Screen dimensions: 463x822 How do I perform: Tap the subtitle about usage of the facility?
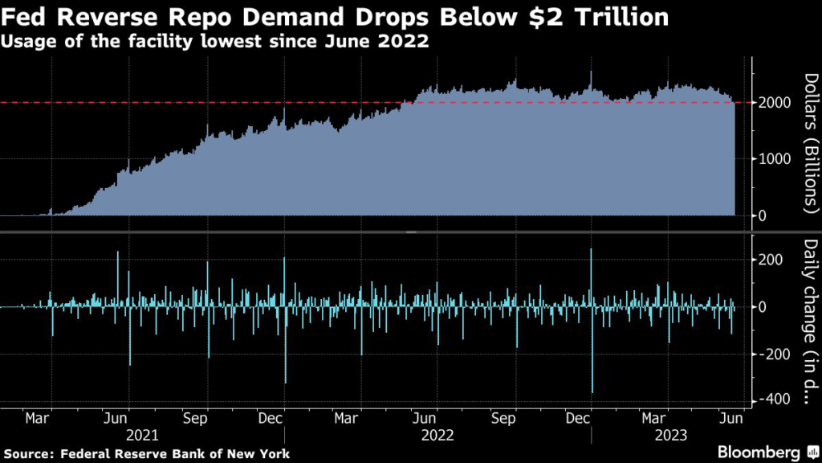(x=214, y=42)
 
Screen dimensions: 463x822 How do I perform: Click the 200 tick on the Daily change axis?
(x=768, y=260)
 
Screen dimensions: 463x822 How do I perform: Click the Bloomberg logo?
(x=759, y=452)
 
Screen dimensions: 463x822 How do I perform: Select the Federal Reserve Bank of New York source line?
(x=145, y=454)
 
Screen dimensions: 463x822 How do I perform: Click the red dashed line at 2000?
(x=241, y=103)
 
